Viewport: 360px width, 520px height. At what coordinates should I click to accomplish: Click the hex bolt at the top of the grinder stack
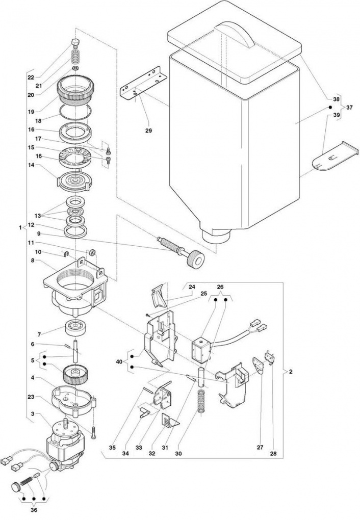pyautogui.click(x=75, y=43)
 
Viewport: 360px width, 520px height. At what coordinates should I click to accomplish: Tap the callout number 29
pyautogui.click(x=148, y=131)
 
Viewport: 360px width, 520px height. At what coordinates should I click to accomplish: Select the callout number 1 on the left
pyautogui.click(x=20, y=228)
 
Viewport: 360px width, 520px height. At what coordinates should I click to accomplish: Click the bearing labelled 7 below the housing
pyautogui.click(x=75, y=327)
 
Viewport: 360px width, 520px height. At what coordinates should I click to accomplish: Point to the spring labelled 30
pyautogui.click(x=201, y=401)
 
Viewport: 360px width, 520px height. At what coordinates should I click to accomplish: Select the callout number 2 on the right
pyautogui.click(x=291, y=372)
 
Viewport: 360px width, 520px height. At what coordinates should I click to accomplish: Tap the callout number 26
pyautogui.click(x=220, y=287)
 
